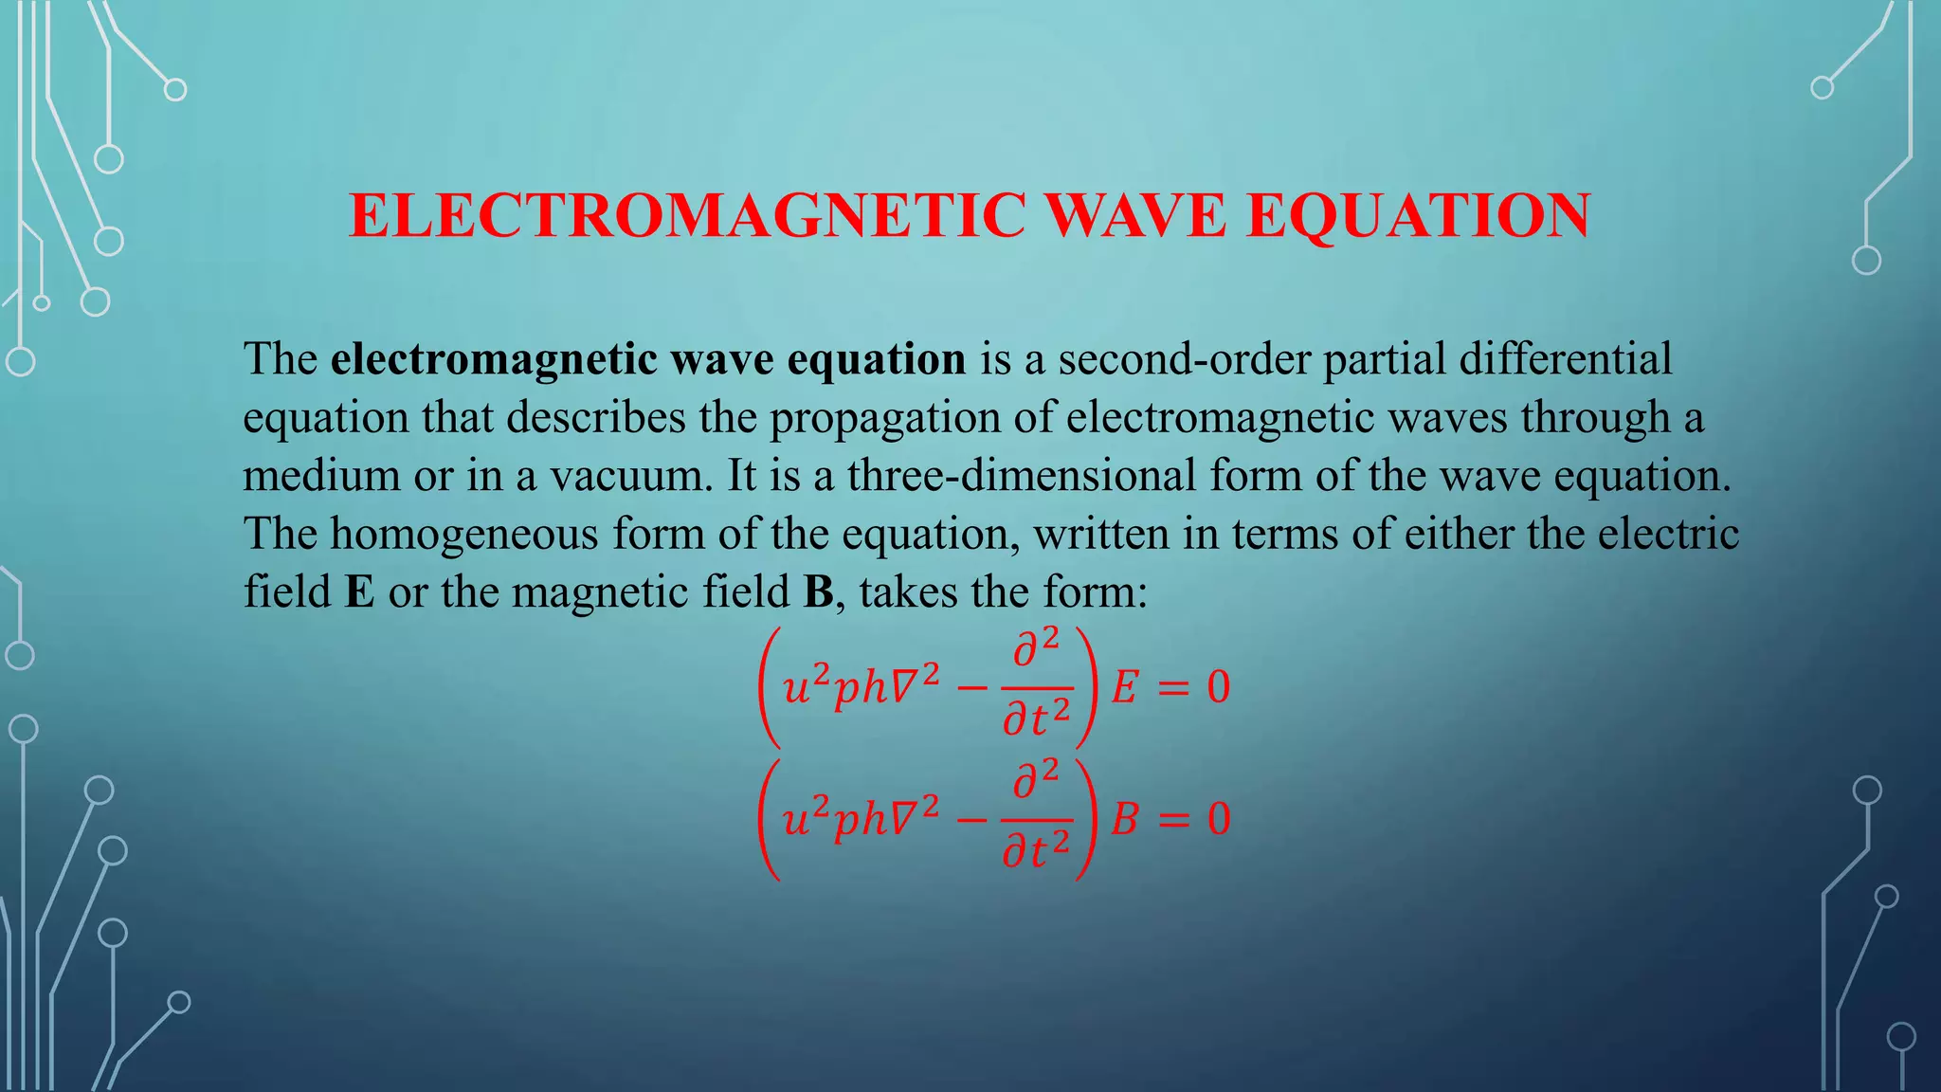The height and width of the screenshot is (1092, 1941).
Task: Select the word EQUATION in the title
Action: pyautogui.click(x=1418, y=216)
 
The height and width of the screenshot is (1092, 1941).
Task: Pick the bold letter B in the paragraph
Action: pyautogui.click(x=818, y=592)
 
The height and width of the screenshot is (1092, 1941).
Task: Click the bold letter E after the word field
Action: pyautogui.click(x=359, y=592)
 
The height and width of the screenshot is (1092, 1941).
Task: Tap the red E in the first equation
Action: pyautogui.click(x=1124, y=687)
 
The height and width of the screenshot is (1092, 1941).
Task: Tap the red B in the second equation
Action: pyautogui.click(x=1124, y=819)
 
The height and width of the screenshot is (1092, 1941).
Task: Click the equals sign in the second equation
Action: pyautogui.click(x=1173, y=820)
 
